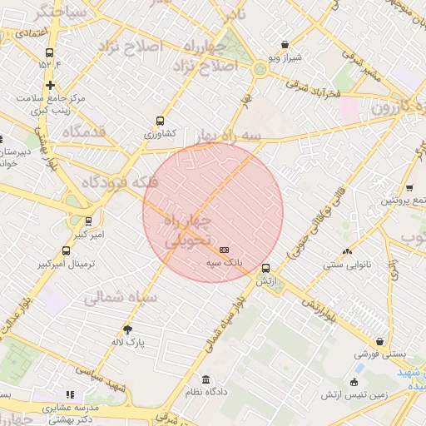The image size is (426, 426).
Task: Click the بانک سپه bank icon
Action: (224, 250)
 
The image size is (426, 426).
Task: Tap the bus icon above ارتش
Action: (265, 269)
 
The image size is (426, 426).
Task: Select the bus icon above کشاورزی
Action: (161, 121)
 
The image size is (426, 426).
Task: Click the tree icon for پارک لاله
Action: (127, 329)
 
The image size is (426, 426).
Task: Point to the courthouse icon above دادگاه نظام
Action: (206, 380)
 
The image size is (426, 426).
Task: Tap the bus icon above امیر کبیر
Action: (88, 221)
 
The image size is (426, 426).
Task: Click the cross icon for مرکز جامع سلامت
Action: (51, 85)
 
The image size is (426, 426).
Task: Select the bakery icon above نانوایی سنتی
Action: (347, 250)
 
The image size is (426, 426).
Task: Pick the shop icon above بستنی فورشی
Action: (380, 341)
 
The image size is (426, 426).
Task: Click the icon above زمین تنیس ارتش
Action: (354, 382)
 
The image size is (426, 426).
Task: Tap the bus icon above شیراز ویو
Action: (285, 45)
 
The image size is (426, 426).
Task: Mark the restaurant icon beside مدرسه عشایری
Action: (70, 394)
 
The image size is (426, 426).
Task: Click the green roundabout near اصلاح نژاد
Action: (260, 70)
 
